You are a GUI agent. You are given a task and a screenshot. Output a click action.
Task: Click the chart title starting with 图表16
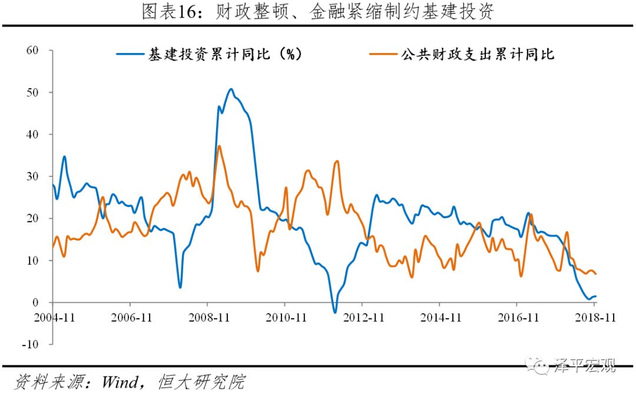[317, 12]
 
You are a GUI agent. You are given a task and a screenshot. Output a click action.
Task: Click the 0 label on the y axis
[35, 302]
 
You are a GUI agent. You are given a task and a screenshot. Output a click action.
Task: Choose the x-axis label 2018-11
[594, 317]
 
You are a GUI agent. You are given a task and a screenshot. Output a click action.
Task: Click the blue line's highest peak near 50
[231, 89]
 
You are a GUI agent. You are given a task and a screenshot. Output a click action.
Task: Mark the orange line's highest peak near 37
[219, 146]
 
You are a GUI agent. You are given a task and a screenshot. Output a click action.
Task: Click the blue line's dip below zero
[334, 312]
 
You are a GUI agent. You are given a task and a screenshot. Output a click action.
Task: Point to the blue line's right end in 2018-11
[596, 297]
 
